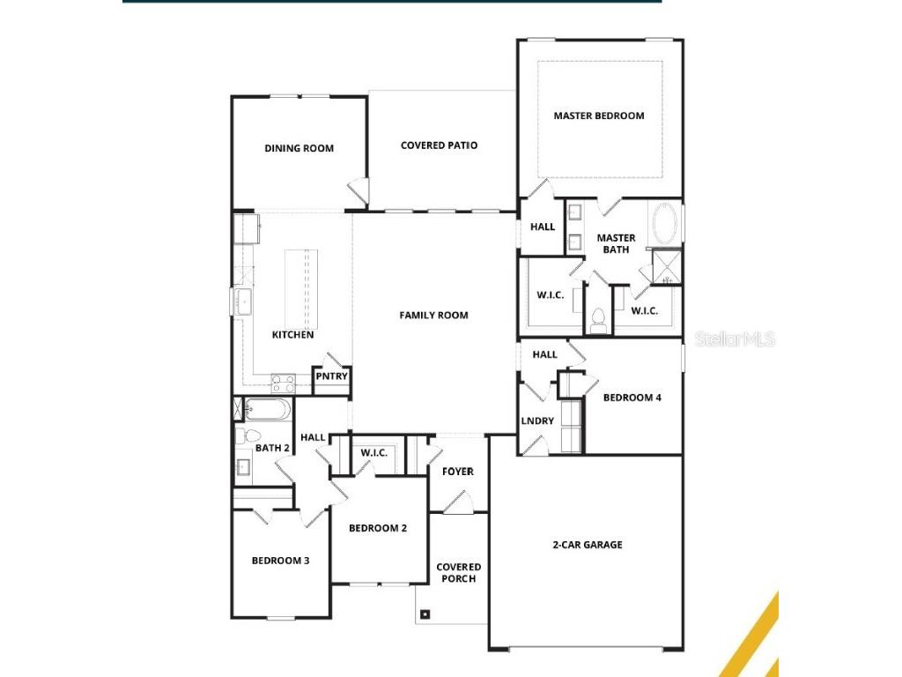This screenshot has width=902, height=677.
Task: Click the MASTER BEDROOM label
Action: coord(598,115)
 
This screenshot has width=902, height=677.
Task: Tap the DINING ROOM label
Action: coord(299,148)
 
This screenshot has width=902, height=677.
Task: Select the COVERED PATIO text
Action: coord(439,145)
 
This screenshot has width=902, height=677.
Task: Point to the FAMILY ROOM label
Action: coord(433,315)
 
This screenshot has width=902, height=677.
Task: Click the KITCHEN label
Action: coord(292,335)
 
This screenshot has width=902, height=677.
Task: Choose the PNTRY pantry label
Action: coord(332,377)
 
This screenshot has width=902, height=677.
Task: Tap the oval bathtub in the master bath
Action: coord(665,225)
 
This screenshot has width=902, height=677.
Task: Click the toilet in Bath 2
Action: coord(250,435)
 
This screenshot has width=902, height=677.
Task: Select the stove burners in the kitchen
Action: coord(283,383)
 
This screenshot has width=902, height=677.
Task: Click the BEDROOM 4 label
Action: coord(632,398)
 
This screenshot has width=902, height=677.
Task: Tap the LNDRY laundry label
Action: coord(537,421)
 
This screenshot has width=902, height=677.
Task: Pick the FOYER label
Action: coord(457,472)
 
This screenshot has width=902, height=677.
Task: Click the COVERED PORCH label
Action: coord(459,573)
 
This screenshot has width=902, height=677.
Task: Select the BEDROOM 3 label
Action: coord(280,560)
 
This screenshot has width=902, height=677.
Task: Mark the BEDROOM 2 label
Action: coord(378,528)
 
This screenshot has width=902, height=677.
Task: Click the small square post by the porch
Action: coord(425,614)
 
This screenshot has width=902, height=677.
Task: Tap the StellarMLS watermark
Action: coord(735,338)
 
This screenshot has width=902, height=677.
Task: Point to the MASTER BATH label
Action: coord(616,243)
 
